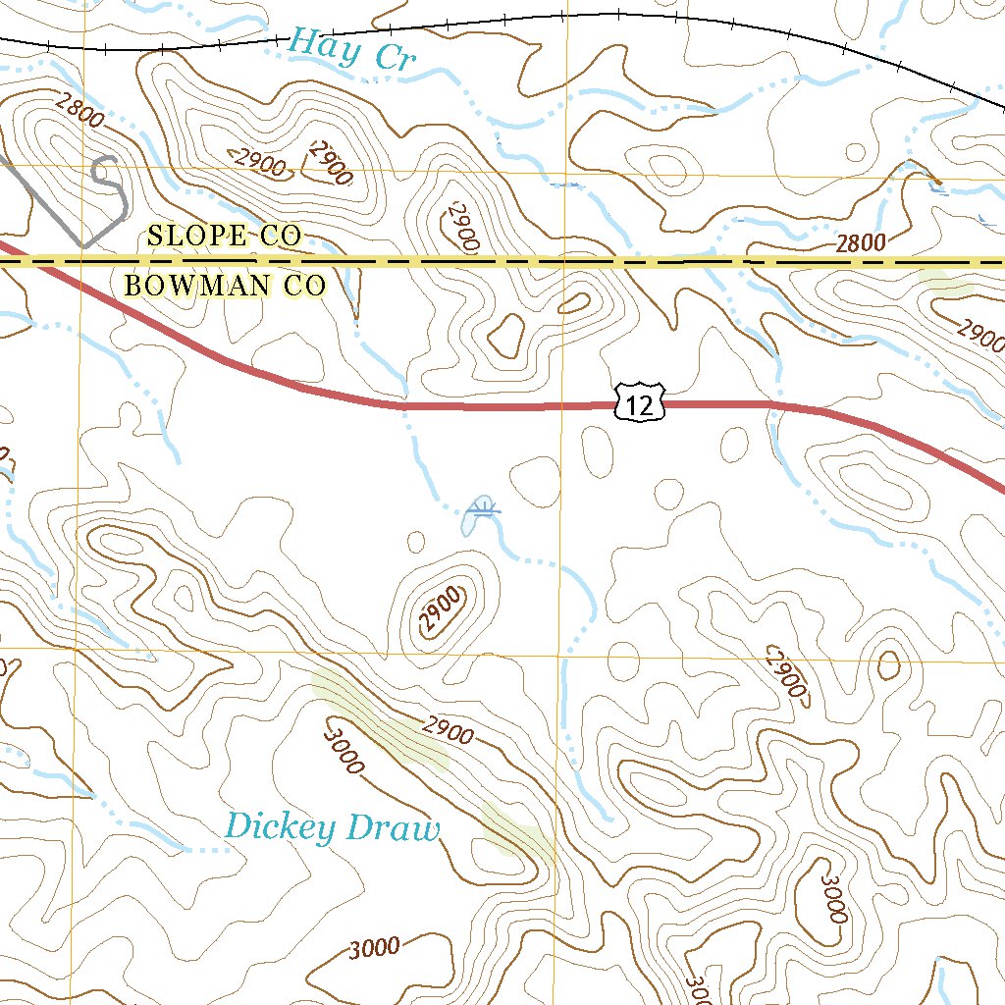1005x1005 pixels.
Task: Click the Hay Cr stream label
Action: [x=352, y=49]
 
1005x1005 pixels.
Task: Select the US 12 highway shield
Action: [x=640, y=404]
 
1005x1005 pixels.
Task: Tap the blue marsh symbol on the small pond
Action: [x=481, y=507]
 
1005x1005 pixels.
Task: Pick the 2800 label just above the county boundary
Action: [x=861, y=243]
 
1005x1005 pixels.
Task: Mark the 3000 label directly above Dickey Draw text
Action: [x=343, y=746]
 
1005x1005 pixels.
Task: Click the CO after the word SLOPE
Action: [x=280, y=236]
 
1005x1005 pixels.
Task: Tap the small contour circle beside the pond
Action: [x=415, y=541]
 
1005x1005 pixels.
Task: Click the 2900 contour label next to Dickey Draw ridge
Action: [x=449, y=732]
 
